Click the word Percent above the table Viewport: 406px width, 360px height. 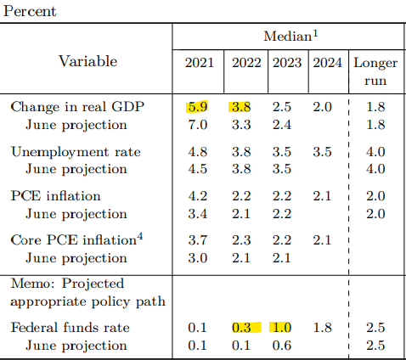30,12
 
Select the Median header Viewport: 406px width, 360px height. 290,36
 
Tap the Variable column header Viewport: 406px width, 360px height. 87,61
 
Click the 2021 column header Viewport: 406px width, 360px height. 200,62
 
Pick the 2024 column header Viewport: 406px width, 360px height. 327,62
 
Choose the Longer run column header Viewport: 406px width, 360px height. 375,71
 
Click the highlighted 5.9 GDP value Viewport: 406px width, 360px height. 197,107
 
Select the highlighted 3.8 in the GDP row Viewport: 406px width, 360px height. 241,107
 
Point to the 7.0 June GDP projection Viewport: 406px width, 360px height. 198,125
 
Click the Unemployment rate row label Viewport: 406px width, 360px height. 76,152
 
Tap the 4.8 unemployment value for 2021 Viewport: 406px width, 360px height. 198,152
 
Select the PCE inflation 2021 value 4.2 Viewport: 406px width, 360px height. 198,196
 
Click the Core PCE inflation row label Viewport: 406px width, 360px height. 76,239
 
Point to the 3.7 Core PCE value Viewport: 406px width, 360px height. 198,240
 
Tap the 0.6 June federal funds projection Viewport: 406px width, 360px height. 282,346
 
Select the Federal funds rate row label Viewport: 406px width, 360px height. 70,328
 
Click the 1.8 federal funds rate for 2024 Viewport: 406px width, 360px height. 322,328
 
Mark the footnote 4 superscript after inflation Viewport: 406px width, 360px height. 140,236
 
